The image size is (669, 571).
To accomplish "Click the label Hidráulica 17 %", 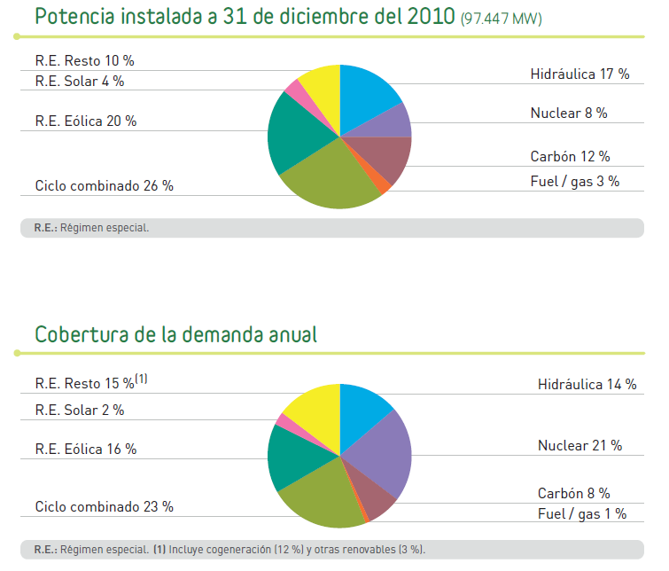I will tap(580, 74).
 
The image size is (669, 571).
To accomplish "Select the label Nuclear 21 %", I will tap(580, 445).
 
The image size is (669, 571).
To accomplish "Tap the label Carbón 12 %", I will tap(570, 157).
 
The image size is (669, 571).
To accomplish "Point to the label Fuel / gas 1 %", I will tap(581, 513).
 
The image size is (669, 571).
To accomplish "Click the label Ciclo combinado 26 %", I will tap(105, 186).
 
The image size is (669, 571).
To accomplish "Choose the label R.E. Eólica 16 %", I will tap(86, 450).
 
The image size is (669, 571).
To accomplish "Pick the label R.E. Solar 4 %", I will tap(80, 81).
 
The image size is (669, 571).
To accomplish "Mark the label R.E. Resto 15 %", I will tap(84, 384).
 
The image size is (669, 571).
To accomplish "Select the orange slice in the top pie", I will tap(384, 184).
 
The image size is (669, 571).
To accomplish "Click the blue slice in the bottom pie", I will tap(364, 407).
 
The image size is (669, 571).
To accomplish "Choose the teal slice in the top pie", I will tap(297, 133).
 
